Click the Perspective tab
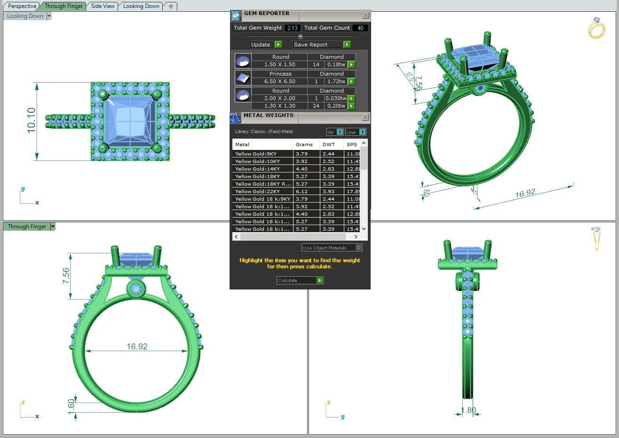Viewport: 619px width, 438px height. (x=22, y=6)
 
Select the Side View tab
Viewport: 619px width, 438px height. (x=103, y=6)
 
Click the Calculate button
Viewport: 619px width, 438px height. (x=300, y=281)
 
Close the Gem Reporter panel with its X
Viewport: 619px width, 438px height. (x=365, y=16)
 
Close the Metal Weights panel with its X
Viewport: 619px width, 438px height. (x=365, y=117)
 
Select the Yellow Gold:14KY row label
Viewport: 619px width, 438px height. (x=257, y=169)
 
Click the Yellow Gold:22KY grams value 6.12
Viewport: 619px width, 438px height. (x=302, y=191)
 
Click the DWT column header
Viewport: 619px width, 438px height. (x=329, y=144)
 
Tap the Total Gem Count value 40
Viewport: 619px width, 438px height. (x=360, y=28)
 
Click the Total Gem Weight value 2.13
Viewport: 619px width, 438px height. (x=292, y=28)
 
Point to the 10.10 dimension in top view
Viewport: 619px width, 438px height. (x=32, y=120)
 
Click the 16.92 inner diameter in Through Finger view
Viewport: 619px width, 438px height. (x=137, y=346)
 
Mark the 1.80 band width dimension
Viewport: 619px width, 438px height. (x=468, y=410)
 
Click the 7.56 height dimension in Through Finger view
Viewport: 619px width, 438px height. (x=66, y=275)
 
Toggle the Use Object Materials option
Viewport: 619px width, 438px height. (x=358, y=248)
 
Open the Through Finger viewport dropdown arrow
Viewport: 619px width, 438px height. (x=53, y=227)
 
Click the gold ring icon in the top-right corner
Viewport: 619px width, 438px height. (x=596, y=28)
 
